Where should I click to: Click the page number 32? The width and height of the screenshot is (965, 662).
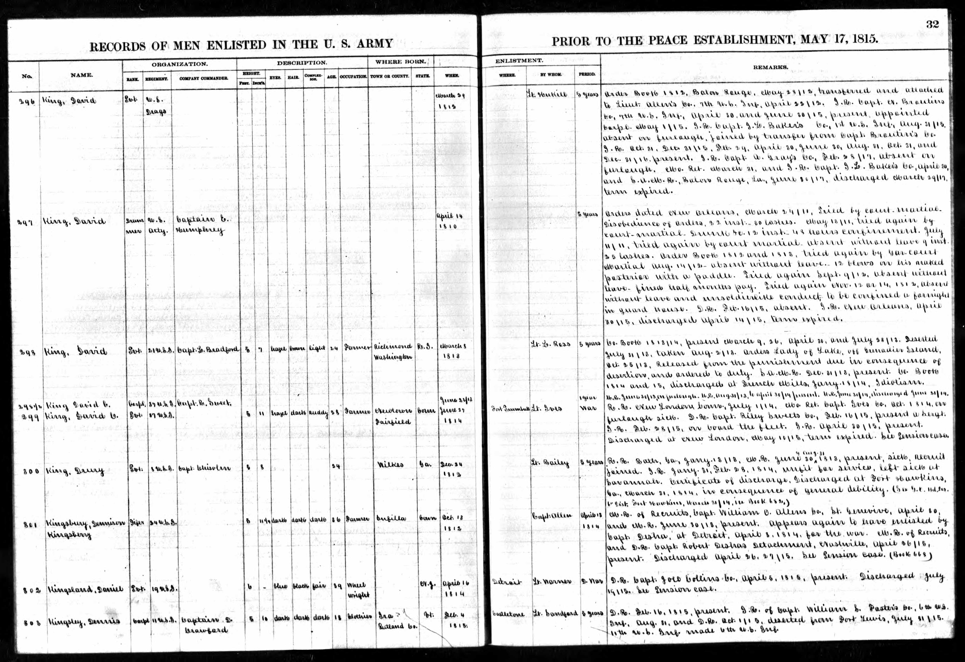pyautogui.click(x=932, y=24)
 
